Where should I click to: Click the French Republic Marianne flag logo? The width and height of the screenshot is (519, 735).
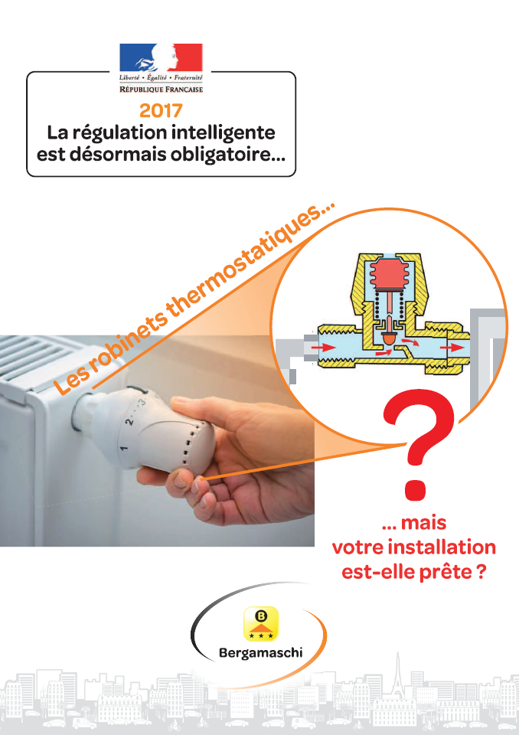pyautogui.click(x=161, y=59)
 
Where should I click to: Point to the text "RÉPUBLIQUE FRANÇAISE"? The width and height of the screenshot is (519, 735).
pyautogui.click(x=161, y=90)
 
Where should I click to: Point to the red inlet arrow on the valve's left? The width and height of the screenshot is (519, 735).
pyautogui.click(x=325, y=347)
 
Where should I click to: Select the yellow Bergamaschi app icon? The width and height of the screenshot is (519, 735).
pyautogui.click(x=259, y=624)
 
